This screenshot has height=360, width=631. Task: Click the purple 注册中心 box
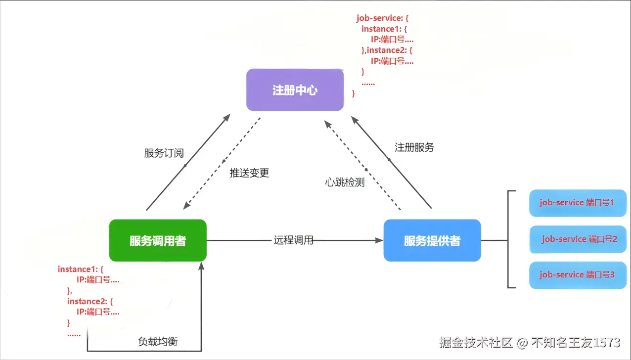pos(295,90)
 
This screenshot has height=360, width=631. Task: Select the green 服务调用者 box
pos(158,241)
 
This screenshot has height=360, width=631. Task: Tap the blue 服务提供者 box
pos(432,241)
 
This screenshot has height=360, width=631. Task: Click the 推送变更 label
pos(249,173)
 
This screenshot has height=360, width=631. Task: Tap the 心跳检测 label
pos(345,182)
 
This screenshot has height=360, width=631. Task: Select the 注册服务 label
pos(414,147)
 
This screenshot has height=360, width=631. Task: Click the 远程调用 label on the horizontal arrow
pos(293,241)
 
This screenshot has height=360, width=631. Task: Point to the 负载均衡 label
pos(157,342)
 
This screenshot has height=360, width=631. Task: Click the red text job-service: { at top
pos(382,18)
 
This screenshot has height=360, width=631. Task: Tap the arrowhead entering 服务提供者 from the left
pos(379,241)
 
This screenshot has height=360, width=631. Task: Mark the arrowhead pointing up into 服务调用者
pos(201,267)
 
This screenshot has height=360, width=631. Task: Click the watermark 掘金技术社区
pos(476,342)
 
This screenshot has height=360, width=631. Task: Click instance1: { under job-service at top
pos(384,29)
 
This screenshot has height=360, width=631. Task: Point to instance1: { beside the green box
pos(80,269)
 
